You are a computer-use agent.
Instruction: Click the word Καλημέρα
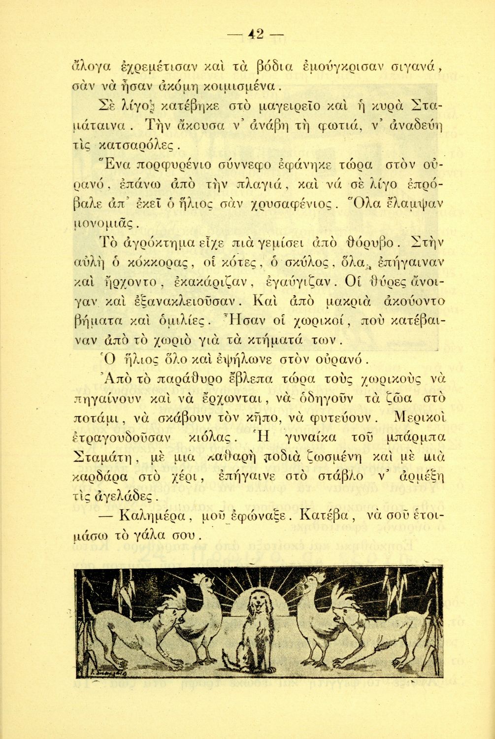click(x=152, y=517)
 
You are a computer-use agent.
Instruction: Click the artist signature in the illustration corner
click(x=101, y=670)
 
